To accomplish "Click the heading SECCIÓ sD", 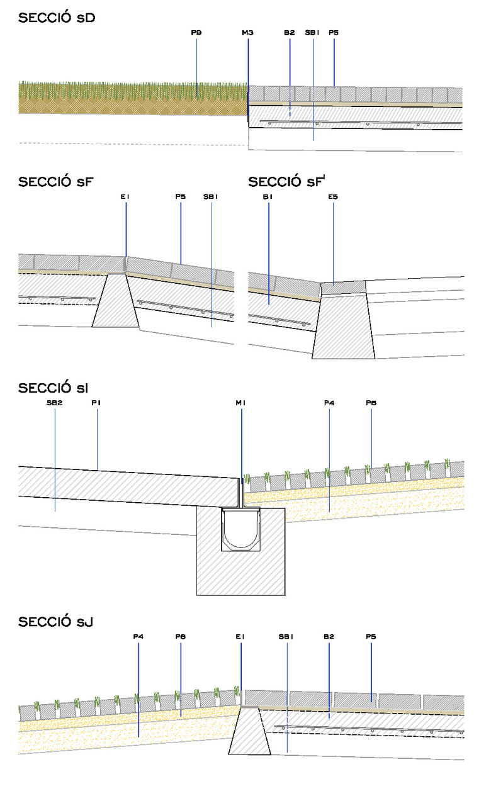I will [57, 18].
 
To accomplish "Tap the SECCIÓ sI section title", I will [53, 388].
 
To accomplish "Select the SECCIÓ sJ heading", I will [57, 622].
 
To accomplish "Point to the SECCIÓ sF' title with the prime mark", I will [288, 182].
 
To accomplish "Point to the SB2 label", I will [54, 403].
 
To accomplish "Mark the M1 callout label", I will [241, 403].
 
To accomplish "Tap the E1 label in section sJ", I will [240, 637].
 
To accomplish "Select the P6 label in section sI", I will [371, 403].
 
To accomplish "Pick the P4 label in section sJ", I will [138, 637].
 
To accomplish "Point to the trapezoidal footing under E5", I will [344, 327].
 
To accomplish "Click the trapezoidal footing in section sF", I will [116, 302].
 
